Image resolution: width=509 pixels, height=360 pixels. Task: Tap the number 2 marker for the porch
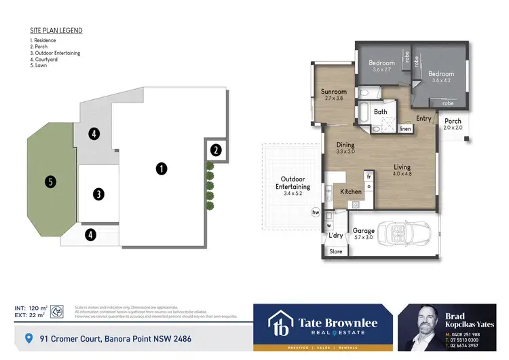pos(215,150)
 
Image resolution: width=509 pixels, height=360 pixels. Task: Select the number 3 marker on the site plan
pos(99,194)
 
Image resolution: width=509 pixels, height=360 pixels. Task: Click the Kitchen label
pos(351,192)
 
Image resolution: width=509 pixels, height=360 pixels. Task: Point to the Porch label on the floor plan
pos(453,122)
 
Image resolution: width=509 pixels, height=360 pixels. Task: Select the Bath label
pos(380,111)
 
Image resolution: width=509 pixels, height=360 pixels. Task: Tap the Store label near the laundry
pos(336,251)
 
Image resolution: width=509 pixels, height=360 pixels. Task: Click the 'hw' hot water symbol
pos(315,213)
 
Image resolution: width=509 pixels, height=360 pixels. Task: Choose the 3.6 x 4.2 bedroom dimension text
pos(441,81)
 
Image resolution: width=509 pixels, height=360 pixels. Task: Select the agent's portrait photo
pos(421,327)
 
